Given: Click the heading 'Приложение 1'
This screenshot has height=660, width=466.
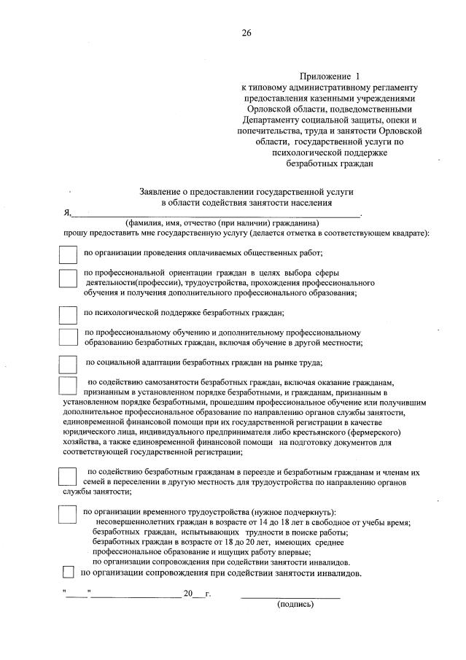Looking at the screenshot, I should (x=330, y=76).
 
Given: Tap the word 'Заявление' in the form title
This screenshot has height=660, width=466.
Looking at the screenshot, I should (x=162, y=191).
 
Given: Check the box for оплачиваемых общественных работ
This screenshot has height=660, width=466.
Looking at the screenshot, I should (x=67, y=255).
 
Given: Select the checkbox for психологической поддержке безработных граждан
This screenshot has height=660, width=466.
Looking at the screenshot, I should (x=67, y=314).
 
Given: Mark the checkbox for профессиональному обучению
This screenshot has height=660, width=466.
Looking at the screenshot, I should (x=67, y=336).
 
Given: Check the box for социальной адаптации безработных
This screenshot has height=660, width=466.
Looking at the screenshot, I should (x=67, y=364).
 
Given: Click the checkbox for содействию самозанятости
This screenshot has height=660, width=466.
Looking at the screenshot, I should (x=67, y=386).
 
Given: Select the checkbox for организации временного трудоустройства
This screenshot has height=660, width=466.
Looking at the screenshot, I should (x=67, y=514).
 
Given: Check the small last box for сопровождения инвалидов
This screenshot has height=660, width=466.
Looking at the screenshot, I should (x=69, y=572).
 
